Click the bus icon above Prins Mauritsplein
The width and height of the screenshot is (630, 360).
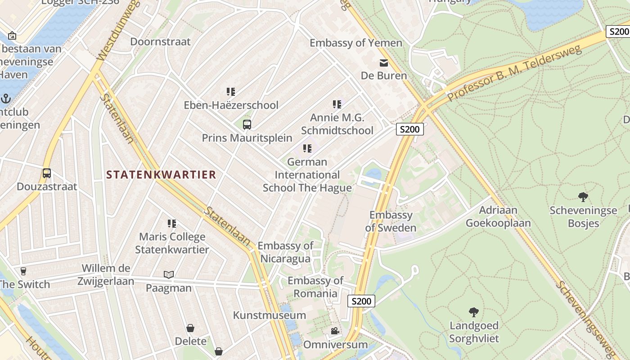coord(247,125)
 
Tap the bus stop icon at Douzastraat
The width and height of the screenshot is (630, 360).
coord(46,173)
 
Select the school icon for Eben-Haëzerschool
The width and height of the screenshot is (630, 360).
coord(231,92)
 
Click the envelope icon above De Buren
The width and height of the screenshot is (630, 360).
coord(383,63)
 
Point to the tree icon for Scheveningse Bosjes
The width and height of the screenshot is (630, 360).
coord(583,197)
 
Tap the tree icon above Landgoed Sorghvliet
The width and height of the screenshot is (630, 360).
coord(473,312)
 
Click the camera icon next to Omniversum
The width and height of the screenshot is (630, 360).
coord(335,331)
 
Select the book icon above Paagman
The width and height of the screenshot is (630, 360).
coord(168,274)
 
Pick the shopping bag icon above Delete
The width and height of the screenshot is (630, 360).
coord(190,328)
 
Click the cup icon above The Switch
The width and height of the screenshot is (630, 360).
coord(23,271)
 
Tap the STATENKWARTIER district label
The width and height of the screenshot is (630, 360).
coord(161,175)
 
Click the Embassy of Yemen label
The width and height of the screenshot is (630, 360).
coord(355,43)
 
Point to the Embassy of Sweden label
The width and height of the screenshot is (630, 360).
coord(390,221)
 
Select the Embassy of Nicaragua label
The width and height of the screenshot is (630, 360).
coord(285,252)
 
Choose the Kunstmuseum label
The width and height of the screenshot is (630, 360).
coord(269,315)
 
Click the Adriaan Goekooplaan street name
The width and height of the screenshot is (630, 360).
coord(498,216)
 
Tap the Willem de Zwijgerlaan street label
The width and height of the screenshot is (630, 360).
coord(108,274)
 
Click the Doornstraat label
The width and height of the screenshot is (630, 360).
coord(160,42)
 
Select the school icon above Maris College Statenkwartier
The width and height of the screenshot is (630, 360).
coord(171,223)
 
